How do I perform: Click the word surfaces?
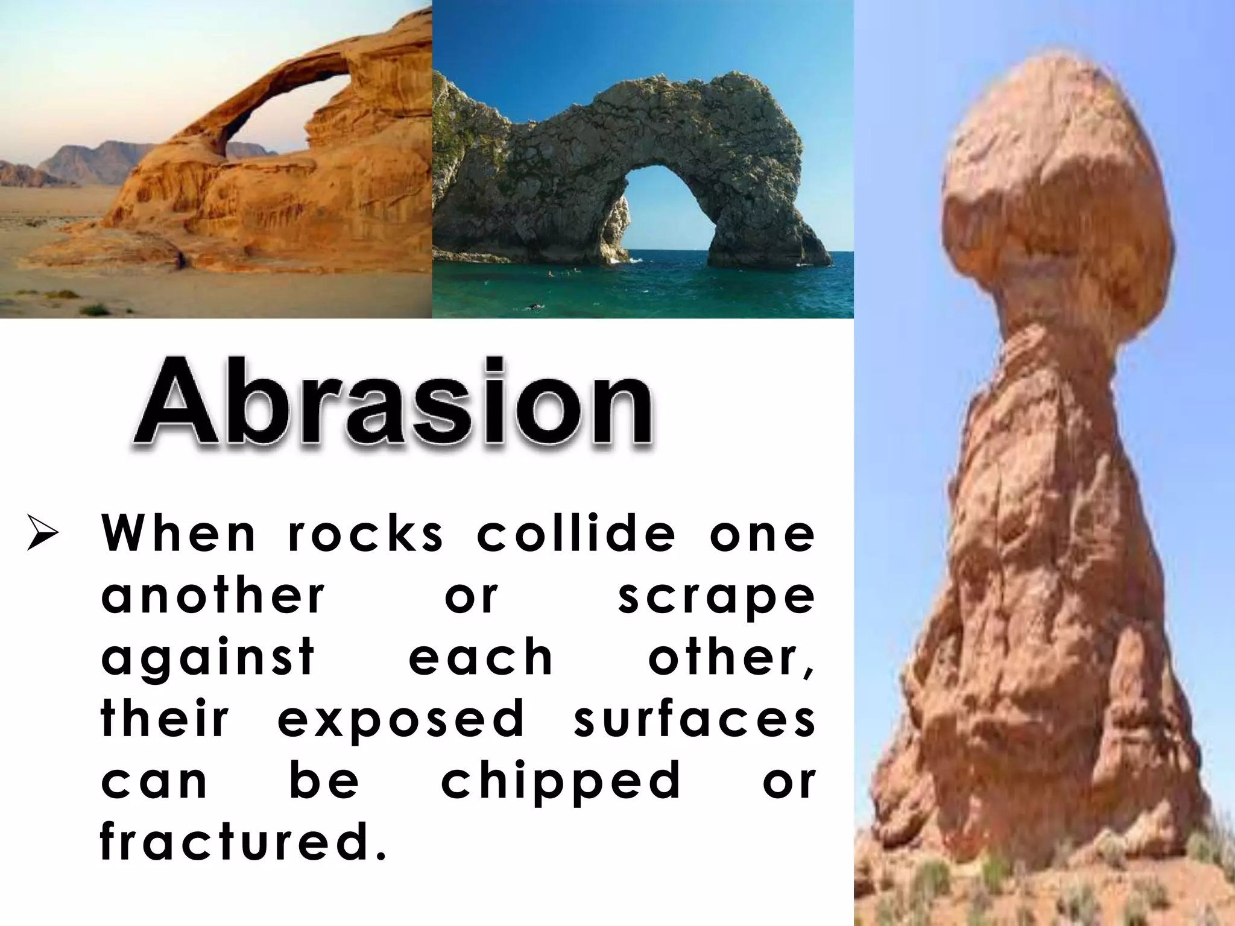(695, 719)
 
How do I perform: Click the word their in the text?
(165, 719)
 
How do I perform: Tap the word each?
(481, 657)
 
